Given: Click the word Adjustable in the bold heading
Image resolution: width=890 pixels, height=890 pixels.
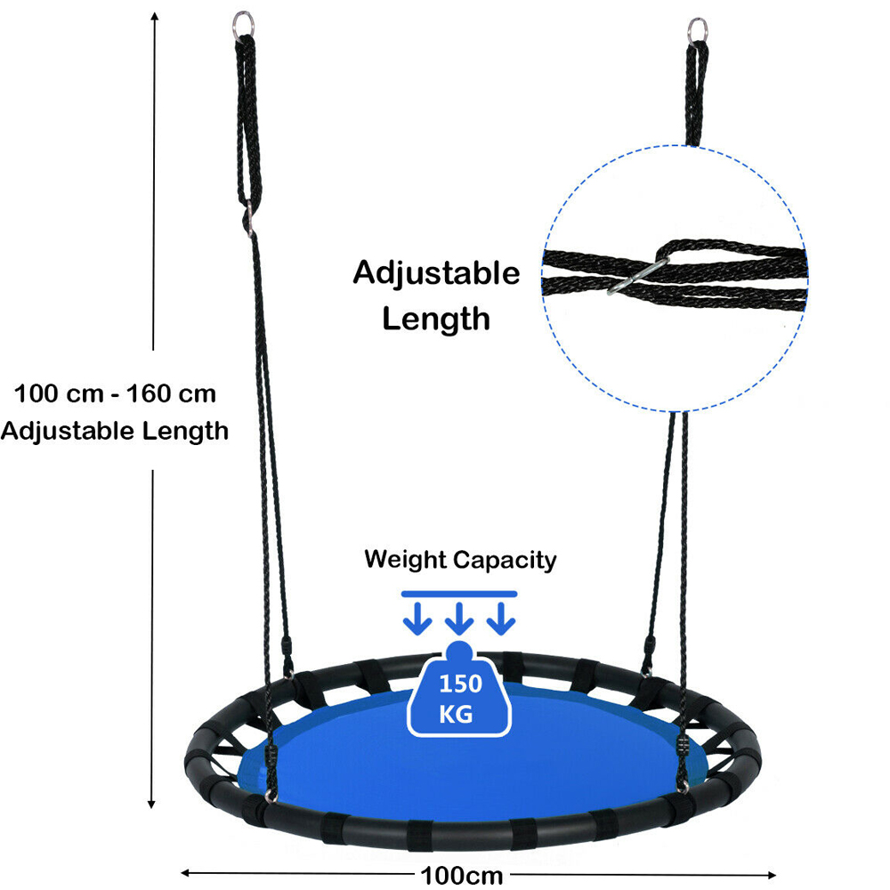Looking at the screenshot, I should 436,273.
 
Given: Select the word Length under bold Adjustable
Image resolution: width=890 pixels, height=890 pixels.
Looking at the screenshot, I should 436,318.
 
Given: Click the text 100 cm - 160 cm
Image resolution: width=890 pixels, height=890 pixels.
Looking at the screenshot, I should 115,392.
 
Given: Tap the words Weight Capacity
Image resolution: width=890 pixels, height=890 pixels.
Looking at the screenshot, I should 460,560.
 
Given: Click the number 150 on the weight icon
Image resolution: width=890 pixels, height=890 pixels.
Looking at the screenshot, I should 459,684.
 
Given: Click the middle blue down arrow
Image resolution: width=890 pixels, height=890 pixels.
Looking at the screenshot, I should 459,618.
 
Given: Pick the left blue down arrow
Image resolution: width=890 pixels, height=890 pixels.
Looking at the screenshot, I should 415,618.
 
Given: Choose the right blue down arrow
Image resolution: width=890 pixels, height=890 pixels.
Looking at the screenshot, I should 503,618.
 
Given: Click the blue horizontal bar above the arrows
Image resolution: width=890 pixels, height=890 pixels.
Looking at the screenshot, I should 459,593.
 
